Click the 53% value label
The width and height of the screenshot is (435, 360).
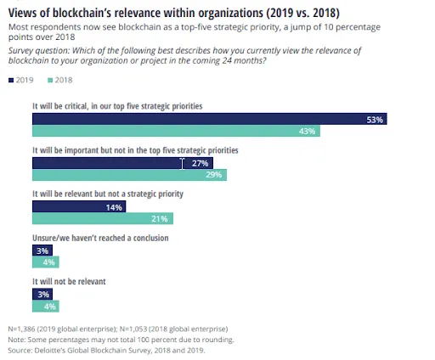click(375, 120)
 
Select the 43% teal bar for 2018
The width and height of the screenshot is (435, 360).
click(176, 131)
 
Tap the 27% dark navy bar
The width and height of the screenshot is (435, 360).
click(122, 163)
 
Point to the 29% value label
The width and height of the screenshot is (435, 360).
click(214, 175)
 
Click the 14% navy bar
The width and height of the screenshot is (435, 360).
click(79, 206)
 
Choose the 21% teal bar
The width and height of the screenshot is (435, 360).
click(103, 218)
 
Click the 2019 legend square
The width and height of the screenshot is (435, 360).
click(11, 81)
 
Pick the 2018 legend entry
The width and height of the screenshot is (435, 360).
click(60, 80)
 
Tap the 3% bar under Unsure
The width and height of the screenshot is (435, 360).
click(42, 250)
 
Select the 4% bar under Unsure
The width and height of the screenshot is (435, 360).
click(46, 262)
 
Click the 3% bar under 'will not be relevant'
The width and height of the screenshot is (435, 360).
click(42, 295)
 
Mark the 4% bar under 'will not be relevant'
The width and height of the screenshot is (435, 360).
click(46, 307)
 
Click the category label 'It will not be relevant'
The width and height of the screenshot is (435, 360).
click(69, 281)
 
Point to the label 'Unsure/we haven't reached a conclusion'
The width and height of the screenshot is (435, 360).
click(100, 238)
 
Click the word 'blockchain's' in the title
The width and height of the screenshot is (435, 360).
click(81, 13)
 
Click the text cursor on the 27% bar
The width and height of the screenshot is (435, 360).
click(182, 164)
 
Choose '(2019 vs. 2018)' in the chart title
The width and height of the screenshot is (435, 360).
click(302, 13)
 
